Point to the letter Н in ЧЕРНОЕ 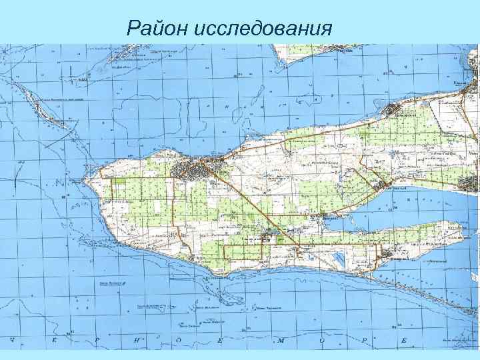point(138,340)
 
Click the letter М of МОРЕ point(283,340)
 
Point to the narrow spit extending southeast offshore point(427,293)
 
